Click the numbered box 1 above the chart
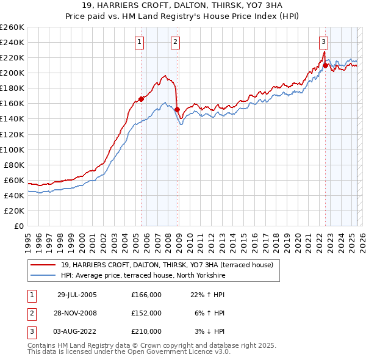[140, 42]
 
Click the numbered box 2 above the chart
[176, 42]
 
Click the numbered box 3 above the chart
[323, 42]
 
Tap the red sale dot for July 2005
[141, 98]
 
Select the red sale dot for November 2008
[177, 109]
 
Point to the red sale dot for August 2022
[325, 65]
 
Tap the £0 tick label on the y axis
[18, 226]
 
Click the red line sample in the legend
[43, 265]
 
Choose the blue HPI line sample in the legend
[43, 276]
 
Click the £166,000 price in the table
[146, 295]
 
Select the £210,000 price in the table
[146, 331]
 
